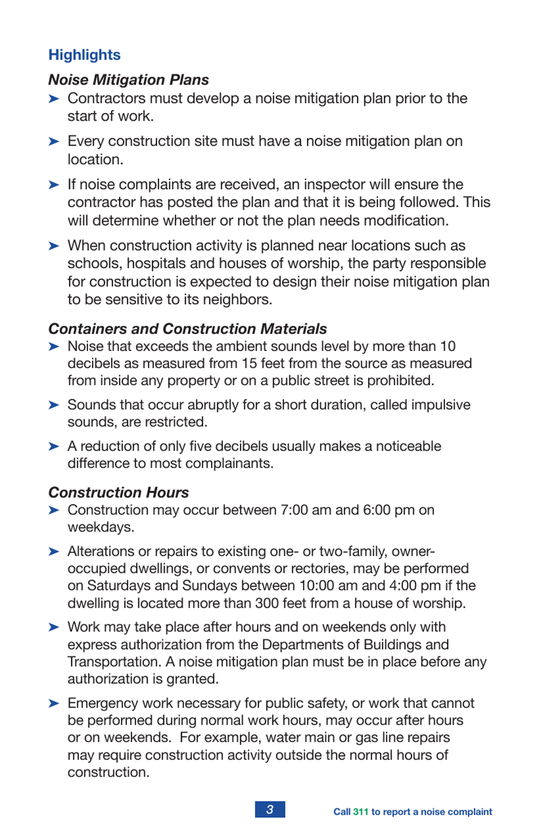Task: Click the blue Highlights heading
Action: coord(85,55)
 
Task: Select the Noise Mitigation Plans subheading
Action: coord(129,79)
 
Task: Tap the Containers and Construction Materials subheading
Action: coord(187,329)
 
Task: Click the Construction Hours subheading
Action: coord(118,492)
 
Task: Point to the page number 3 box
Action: coord(270,809)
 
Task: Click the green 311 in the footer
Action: coord(361,812)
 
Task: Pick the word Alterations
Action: coord(101,552)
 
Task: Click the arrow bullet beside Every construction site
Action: coord(54,141)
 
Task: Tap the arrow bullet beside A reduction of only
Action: coord(54,446)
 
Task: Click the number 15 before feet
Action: coord(249,364)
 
